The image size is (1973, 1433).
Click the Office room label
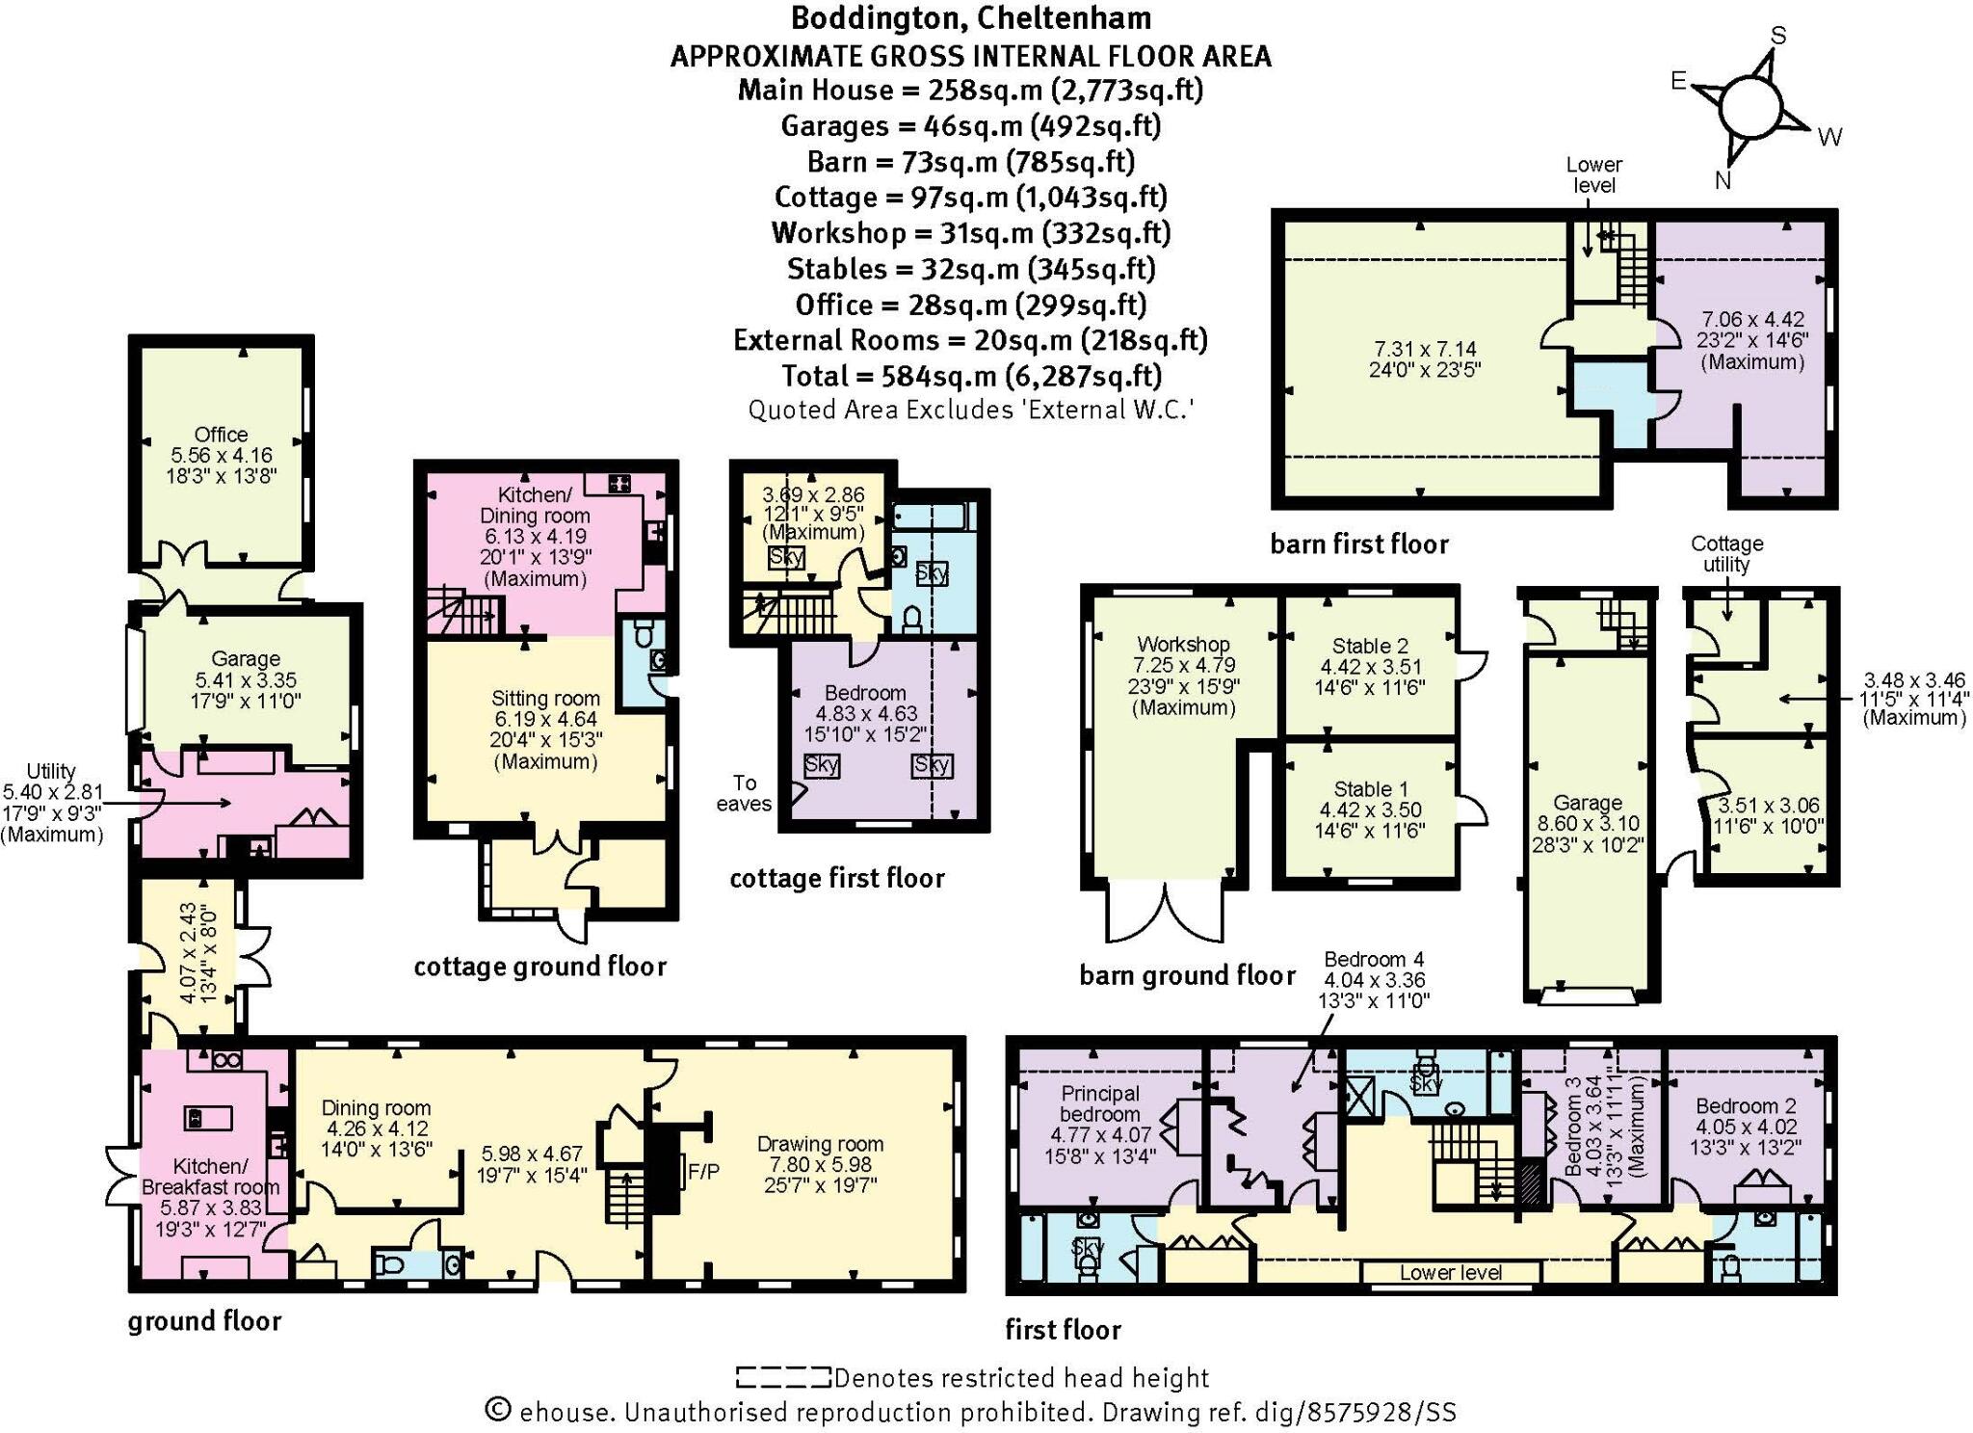pyautogui.click(x=221, y=435)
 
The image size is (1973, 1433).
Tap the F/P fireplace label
pyautogui.click(x=704, y=1172)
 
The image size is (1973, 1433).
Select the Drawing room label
pyautogui.click(x=819, y=1144)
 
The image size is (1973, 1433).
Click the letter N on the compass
pyautogui.click(x=1723, y=180)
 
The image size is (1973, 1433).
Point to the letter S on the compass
pyautogui.click(x=1778, y=36)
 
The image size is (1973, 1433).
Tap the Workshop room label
pyautogui.click(x=1183, y=644)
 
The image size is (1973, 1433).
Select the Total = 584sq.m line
pyautogui.click(x=971, y=376)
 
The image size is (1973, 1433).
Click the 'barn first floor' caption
pyautogui.click(x=1359, y=544)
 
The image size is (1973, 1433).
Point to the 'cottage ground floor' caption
pyautogui.click(x=539, y=967)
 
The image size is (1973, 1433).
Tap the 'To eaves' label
pyautogui.click(x=744, y=792)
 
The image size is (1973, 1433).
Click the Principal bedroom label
pyautogui.click(x=1099, y=1103)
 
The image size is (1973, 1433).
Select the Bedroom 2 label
pyautogui.click(x=1744, y=1106)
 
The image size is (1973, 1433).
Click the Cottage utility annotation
pyautogui.click(x=1726, y=554)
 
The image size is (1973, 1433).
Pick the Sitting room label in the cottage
pyautogui.click(x=545, y=699)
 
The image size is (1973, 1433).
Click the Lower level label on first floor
pyautogui.click(x=1450, y=1272)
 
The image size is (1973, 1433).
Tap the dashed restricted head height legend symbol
pyautogui.click(x=782, y=1378)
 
